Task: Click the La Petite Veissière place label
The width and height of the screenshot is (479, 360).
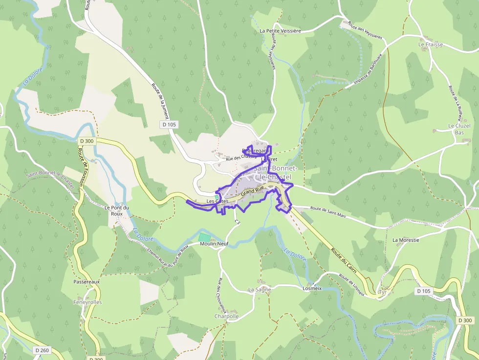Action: click(x=280, y=31)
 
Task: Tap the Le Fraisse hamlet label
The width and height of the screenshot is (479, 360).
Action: click(x=430, y=44)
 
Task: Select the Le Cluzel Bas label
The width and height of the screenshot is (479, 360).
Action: click(x=459, y=129)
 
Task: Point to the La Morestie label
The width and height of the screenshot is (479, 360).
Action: click(x=406, y=240)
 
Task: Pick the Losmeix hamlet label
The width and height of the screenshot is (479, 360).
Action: click(x=312, y=288)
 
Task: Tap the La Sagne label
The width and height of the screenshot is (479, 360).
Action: click(x=260, y=290)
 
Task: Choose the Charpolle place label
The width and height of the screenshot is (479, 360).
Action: click(x=226, y=316)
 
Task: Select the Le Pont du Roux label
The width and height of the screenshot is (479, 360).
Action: click(x=117, y=211)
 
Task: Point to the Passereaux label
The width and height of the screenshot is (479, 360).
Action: click(x=87, y=282)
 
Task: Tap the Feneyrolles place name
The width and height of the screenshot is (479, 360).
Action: click(x=88, y=302)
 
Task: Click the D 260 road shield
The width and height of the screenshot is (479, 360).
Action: click(x=42, y=350)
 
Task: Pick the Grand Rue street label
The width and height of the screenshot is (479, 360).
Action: click(x=252, y=191)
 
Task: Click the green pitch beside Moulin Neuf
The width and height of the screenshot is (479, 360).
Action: click(x=204, y=237)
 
